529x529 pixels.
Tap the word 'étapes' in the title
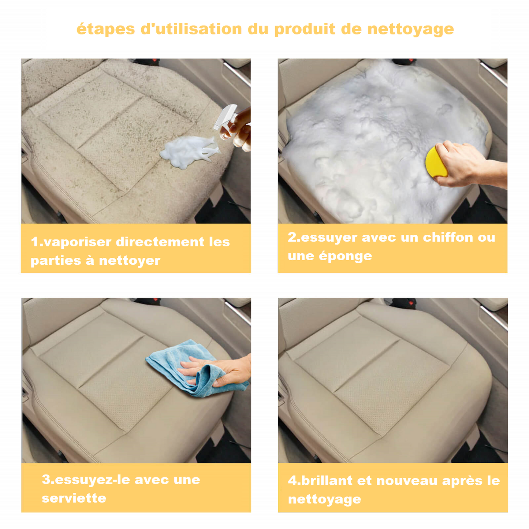(x=105, y=29)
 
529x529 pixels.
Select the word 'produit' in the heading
(x=305, y=29)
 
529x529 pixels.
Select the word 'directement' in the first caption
(x=160, y=242)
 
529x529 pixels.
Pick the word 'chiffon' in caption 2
(x=448, y=238)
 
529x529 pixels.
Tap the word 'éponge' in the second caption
(x=345, y=256)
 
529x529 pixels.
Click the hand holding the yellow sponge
(x=467, y=165)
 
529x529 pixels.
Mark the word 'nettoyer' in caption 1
(x=130, y=261)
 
